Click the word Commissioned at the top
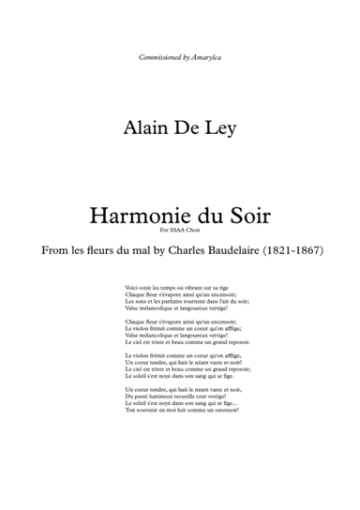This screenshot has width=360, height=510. pyautogui.click(x=156, y=58)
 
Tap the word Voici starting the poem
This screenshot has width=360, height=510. pyautogui.click(x=130, y=286)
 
